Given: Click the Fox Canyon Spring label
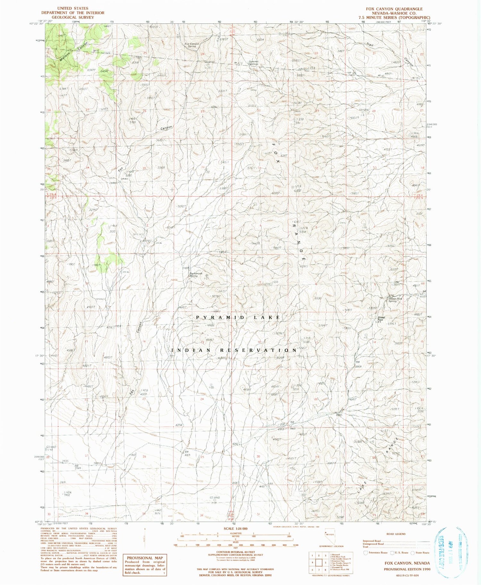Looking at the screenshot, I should click(x=192, y=45).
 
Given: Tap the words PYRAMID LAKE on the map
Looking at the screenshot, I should click(x=238, y=317).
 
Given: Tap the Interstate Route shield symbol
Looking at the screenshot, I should click(x=365, y=553).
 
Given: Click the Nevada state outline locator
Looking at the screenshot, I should click(x=330, y=535).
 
